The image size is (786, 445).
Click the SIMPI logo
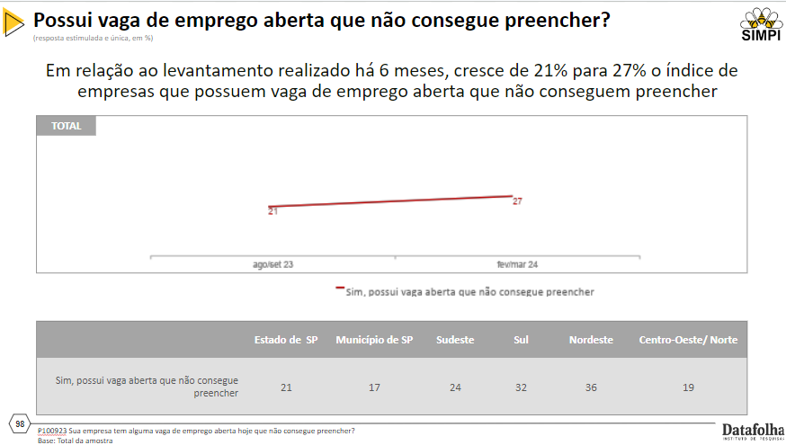[759, 24]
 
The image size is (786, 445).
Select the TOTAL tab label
[66, 126]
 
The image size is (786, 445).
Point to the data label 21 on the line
[272, 211]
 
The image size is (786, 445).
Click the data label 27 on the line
[517, 201]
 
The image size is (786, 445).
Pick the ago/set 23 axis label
[272, 265]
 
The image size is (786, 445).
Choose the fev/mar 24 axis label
[517, 265]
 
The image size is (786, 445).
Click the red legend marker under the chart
[340, 289]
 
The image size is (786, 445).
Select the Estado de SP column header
[286, 340]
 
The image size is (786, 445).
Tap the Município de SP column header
[374, 340]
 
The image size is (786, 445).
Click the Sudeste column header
[455, 340]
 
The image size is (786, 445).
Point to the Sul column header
[521, 340]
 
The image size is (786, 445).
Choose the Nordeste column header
[591, 340]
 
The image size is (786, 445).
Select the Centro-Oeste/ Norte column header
[688, 340]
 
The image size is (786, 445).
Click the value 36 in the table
[591, 387]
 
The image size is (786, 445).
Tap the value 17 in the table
[374, 387]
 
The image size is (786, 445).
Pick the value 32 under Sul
[521, 387]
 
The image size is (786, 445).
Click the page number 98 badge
[20, 423]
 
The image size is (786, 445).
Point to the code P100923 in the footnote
[52, 431]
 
